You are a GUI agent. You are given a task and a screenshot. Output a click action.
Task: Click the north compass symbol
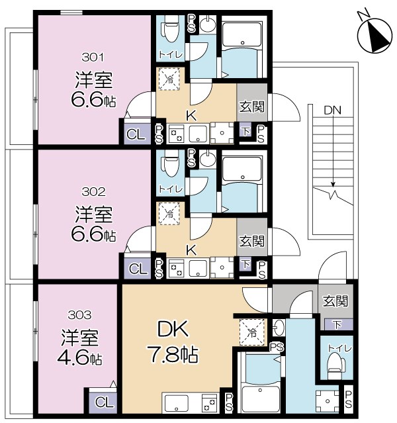coord(375,34)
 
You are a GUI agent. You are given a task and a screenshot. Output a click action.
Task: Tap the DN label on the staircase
coord(332,111)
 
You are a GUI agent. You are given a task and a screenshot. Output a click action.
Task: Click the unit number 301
coord(93,57)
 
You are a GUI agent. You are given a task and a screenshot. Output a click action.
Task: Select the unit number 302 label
coord(93,192)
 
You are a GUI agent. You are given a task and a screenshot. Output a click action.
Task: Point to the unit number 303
coord(79,315)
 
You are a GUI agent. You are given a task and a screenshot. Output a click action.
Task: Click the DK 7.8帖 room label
coord(173,341)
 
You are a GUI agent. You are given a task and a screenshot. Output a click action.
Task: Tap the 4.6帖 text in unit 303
coord(79,358)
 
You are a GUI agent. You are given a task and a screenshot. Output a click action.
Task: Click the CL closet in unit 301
coord(137,134)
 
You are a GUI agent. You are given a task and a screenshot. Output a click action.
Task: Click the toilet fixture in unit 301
coord(170,29)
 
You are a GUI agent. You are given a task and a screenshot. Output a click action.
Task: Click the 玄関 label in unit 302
coord(252,241)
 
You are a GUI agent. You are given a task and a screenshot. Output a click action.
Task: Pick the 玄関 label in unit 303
coord(335,301)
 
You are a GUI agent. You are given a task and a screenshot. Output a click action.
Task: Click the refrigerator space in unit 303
coord(252,332)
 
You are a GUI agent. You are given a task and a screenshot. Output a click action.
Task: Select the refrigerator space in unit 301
coord(169,79)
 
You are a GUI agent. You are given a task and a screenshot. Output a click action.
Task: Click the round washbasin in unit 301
coord(207,24)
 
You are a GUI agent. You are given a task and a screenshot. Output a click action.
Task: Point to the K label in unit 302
coord(191,250)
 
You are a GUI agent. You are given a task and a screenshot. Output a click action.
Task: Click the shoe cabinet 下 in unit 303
coord(337,324)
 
